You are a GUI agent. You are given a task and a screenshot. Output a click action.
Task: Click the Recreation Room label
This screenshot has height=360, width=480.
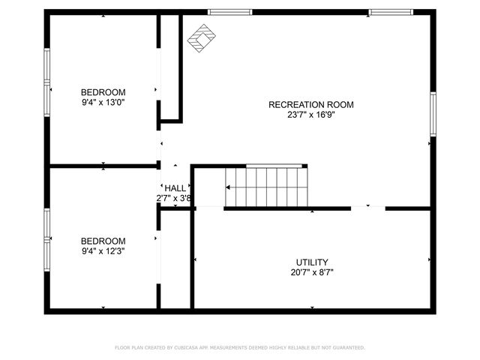pos(310,105)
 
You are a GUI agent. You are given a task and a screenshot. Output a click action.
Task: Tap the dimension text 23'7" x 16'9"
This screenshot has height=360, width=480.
pos(310,115)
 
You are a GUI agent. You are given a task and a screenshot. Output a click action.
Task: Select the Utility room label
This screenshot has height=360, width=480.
pos(312,262)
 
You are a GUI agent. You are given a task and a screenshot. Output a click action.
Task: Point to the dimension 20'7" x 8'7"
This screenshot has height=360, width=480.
pos(312,273)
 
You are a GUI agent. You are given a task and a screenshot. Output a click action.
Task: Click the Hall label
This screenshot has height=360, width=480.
pos(175,188)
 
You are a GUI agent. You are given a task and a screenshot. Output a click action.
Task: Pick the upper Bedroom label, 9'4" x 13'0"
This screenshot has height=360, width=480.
pos(103,92)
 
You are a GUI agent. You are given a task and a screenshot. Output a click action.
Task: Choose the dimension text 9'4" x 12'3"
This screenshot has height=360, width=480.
pos(103,251)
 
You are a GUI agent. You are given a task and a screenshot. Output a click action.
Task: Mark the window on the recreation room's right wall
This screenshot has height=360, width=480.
pos(433,114)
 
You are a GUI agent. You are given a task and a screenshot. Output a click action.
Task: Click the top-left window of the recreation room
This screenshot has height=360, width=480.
pos(229,12)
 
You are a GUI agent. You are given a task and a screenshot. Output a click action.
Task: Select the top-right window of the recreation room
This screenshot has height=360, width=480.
pos(391,12)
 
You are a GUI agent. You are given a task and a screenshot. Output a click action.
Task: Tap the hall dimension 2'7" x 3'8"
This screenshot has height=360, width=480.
pos(175,199)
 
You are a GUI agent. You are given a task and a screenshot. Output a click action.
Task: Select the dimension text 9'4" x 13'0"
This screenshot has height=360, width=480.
pos(103,102)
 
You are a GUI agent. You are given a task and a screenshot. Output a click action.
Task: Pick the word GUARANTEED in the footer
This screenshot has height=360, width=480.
pos(347,348)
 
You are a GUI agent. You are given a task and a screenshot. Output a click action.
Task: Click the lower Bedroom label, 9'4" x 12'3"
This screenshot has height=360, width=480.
pos(103,241)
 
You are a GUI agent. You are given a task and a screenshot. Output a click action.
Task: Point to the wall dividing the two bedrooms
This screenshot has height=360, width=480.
pos(103,166)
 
